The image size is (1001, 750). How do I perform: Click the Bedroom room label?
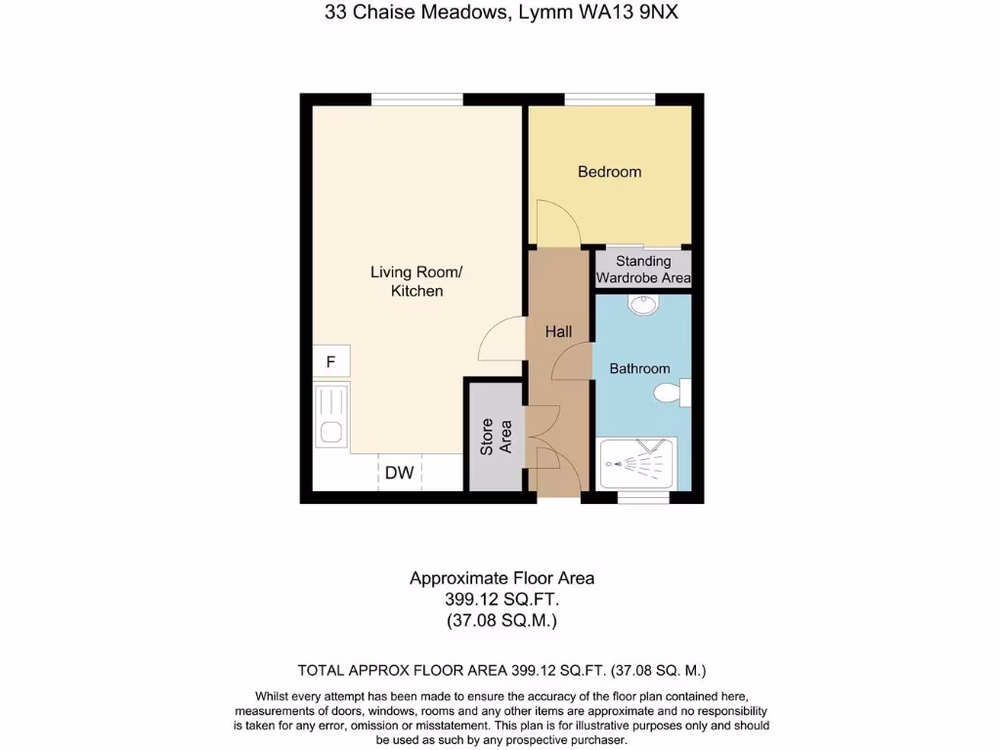tap(609, 172)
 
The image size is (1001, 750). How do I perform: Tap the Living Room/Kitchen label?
tap(416, 281)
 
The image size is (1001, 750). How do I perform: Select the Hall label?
tap(558, 332)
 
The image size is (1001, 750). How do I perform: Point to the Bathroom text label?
tap(639, 368)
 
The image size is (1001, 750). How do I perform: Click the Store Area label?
tap(497, 437)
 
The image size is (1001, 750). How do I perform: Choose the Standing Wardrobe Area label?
tap(643, 270)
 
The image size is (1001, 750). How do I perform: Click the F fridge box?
tap(331, 362)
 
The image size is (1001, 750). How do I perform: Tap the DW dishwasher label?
tap(399, 474)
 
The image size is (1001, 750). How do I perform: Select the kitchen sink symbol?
tap(331, 418)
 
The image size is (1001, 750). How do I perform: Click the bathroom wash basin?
tap(642, 306)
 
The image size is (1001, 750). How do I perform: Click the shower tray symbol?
tap(637, 463)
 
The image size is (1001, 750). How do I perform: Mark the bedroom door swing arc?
tap(558, 222)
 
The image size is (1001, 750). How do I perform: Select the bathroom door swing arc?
tap(572, 364)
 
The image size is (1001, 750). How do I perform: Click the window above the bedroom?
tap(609, 99)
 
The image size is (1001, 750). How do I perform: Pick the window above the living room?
tap(416, 99)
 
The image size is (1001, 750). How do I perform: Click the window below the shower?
tap(643, 498)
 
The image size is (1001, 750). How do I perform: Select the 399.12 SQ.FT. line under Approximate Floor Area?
tap(501, 600)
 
